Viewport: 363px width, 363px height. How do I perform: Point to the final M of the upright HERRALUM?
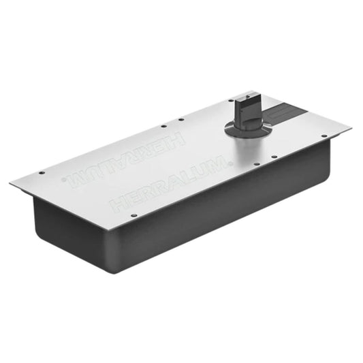(x=218, y=163)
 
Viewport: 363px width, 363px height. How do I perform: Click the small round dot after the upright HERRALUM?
(x=230, y=163)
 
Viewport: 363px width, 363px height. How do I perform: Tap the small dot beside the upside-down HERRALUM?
(x=64, y=179)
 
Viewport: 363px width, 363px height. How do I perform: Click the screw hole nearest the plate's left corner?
(x=42, y=173)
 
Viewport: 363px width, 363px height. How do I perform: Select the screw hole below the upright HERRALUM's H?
(x=133, y=215)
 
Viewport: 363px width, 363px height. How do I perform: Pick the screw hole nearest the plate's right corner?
(x=324, y=136)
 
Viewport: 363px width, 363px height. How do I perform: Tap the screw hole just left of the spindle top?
(x=231, y=101)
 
